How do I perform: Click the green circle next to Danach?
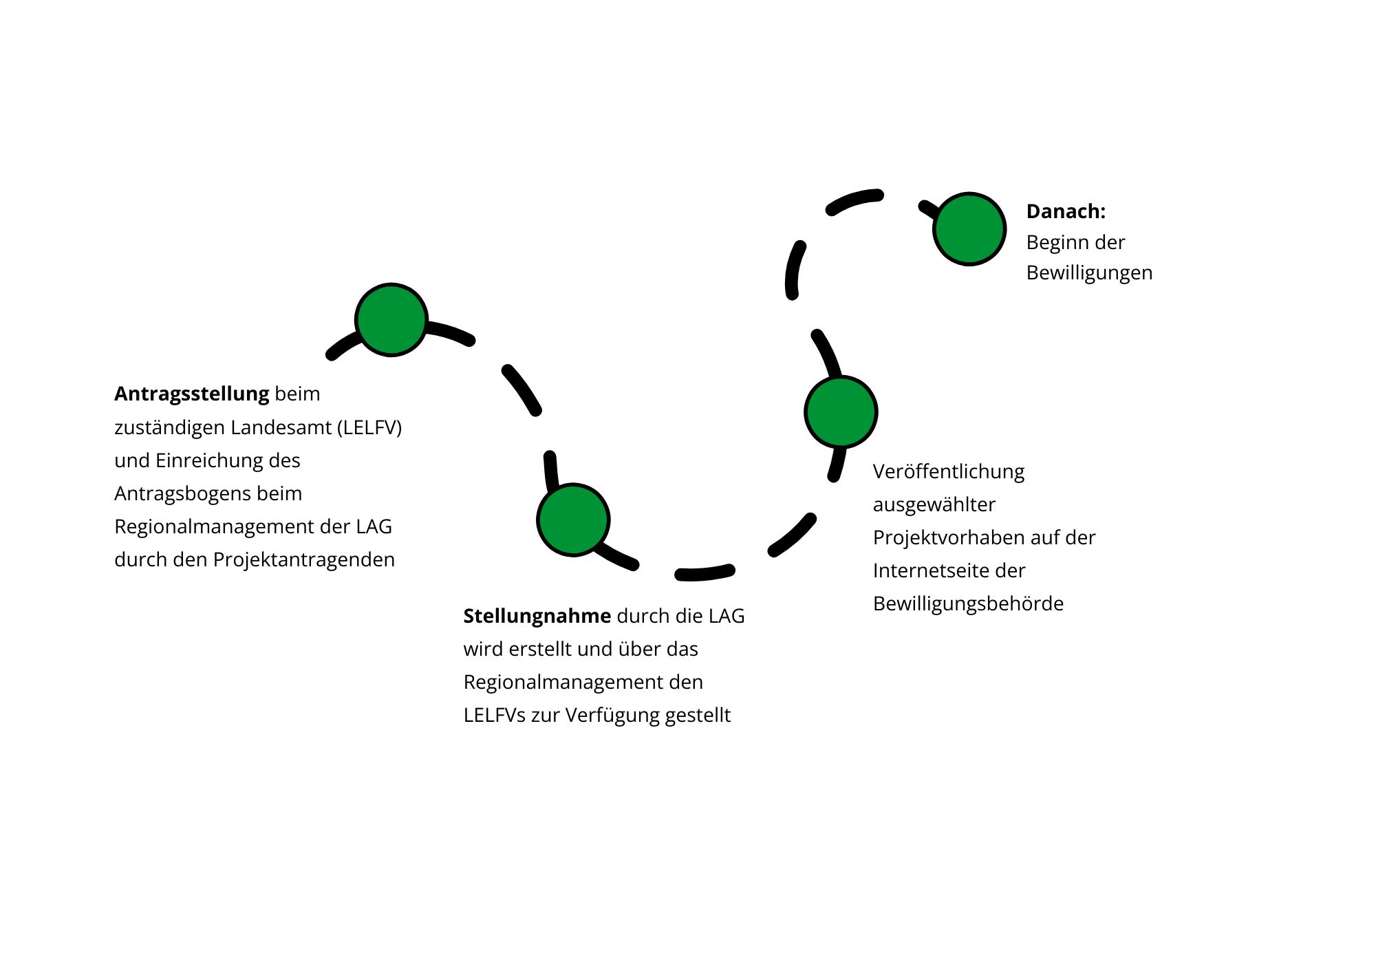[969, 229]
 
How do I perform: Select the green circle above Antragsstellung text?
[391, 320]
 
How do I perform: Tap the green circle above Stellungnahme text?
[573, 520]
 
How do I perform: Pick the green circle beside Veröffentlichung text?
[841, 412]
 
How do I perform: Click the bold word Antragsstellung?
[191, 394]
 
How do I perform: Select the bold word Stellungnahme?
[537, 616]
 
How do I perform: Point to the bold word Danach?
[1066, 211]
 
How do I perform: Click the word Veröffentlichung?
[948, 472]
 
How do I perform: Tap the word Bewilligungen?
[1089, 273]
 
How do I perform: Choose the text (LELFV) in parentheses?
[369, 427]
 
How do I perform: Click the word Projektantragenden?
[303, 559]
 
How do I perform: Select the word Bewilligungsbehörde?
[968, 603]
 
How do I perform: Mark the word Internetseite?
[929, 570]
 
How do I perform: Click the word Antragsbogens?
[182, 493]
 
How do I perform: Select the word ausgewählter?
[934, 504]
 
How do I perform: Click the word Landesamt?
[281, 427]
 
